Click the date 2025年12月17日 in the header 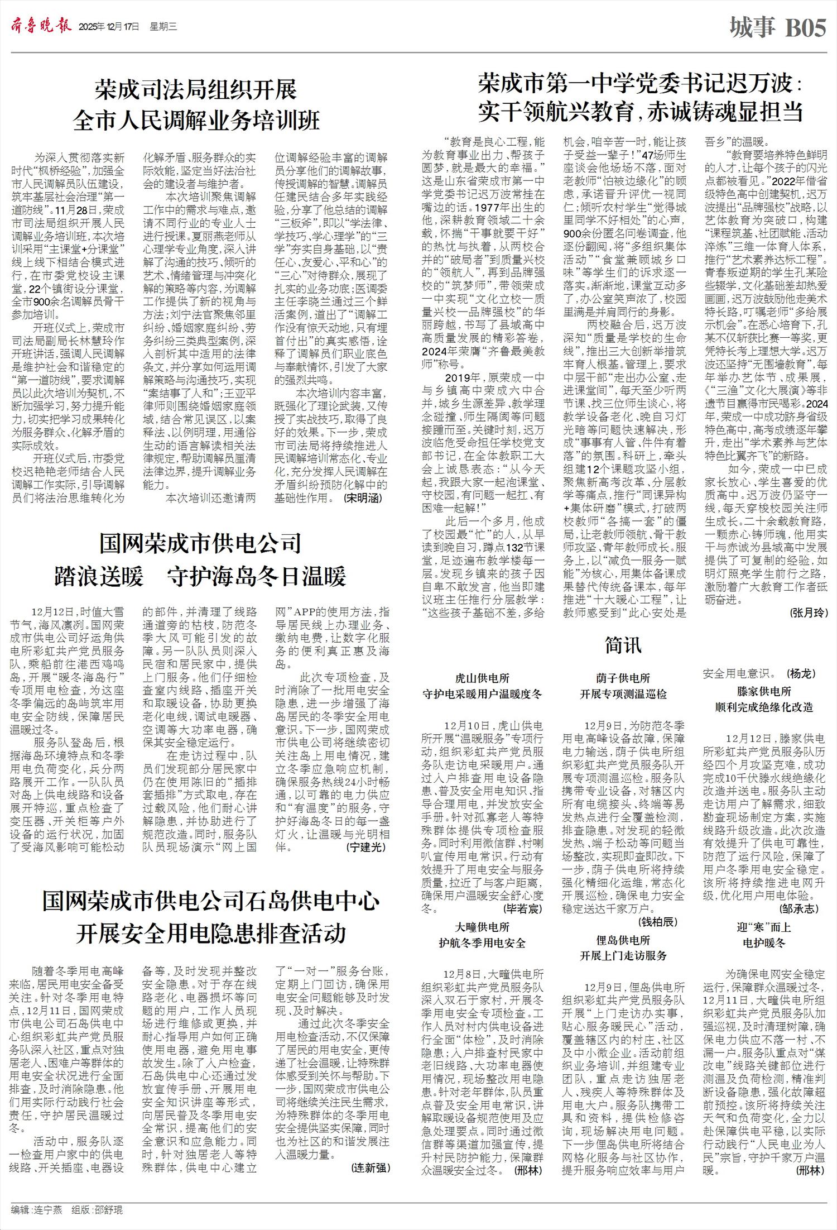click(109, 27)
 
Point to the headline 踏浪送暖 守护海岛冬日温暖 click(200, 577)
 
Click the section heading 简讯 click(623, 645)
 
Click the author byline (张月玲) click(808, 612)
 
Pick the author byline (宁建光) click(365, 847)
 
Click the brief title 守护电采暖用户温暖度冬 click(482, 694)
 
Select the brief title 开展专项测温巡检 click(623, 694)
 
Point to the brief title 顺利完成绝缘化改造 click(764, 707)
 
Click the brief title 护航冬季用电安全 click(482, 943)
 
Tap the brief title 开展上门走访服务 click(623, 955)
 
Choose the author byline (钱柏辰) click(658, 922)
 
